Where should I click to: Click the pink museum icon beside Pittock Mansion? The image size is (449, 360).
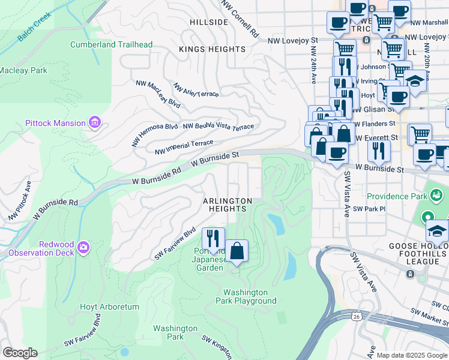coord(94,123)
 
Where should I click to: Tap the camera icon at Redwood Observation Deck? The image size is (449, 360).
coord(83,247)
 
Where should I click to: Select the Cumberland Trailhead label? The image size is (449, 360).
coord(111,44)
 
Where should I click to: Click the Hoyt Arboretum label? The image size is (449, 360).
coord(109,307)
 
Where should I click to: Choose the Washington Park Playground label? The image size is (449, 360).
coord(247,296)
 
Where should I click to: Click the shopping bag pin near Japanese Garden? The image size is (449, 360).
coord(237,251)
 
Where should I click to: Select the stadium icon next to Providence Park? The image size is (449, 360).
coord(436,196)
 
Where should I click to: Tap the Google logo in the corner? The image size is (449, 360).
coord(20,352)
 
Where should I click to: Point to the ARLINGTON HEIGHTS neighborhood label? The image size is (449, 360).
coord(228,205)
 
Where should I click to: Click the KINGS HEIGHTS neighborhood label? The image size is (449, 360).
coord(212,49)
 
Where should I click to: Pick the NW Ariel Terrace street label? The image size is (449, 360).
coord(196,90)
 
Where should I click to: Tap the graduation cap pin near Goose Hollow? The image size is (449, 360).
coord(437,231)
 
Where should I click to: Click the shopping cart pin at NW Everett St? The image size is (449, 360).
coord(420,134)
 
